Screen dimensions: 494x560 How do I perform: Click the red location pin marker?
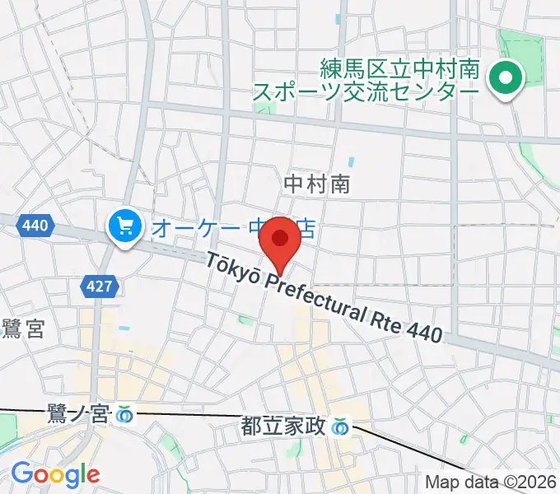click(280, 240)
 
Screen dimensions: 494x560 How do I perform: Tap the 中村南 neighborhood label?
click(316, 184)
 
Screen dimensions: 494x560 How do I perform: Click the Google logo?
click(55, 474)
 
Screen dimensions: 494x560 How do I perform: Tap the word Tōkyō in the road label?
click(235, 269)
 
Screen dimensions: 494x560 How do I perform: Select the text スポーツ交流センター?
click(365, 91)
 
